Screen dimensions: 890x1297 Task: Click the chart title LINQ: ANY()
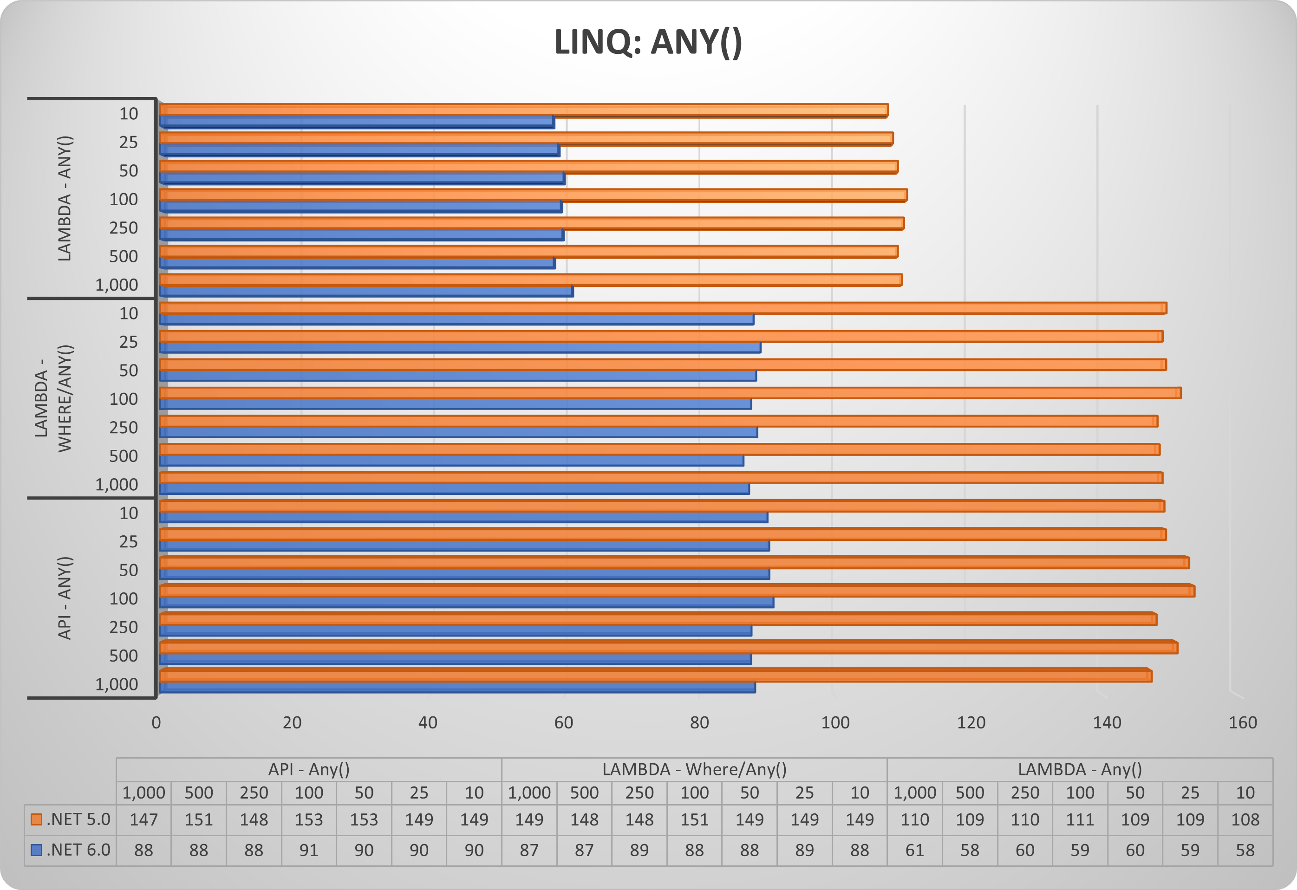[648, 42]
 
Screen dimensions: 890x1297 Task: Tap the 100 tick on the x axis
[835, 722]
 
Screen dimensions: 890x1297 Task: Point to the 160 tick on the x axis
[1242, 722]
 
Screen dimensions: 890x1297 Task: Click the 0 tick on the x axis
[156, 722]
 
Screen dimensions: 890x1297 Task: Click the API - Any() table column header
[309, 769]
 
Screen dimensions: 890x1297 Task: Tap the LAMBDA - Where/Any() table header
[694, 769]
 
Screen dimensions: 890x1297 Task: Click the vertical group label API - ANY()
[65, 598]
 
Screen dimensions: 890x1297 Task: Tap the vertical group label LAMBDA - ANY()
[65, 198]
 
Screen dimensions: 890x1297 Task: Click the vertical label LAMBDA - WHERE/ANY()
[53, 398]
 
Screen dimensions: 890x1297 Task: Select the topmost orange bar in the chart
[522, 110]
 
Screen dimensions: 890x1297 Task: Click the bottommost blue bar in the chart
[456, 688]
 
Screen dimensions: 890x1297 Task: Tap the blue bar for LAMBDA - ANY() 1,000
[365, 291]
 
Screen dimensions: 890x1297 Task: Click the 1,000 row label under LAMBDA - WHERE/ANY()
[116, 484]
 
